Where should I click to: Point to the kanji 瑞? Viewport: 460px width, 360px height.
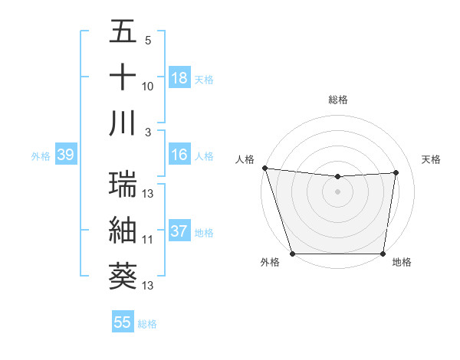pyautogui.click(x=123, y=185)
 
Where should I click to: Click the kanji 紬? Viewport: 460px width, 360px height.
pyautogui.click(x=123, y=230)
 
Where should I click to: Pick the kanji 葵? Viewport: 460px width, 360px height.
pyautogui.click(x=123, y=276)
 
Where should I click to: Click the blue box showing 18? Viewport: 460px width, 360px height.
pyautogui.click(x=179, y=78)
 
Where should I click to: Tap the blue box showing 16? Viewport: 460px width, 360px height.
pyautogui.click(x=179, y=155)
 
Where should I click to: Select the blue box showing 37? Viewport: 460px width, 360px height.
pyautogui.click(x=179, y=232)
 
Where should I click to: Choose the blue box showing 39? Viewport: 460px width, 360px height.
pyautogui.click(x=65, y=155)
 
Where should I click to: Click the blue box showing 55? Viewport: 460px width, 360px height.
pyautogui.click(x=123, y=322)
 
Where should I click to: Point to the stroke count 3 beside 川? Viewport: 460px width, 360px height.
pyautogui.click(x=148, y=132)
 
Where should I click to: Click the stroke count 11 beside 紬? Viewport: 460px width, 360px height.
pyautogui.click(x=148, y=239)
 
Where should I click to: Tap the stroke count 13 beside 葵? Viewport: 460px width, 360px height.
pyautogui.click(x=148, y=286)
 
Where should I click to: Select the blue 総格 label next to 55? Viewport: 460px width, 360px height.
pyautogui.click(x=147, y=324)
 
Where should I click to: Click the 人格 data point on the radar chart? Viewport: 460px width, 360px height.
pyautogui.click(x=264, y=168)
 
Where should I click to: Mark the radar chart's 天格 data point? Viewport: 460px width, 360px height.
pyautogui.click(x=396, y=172)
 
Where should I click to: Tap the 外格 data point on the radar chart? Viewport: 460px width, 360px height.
pyautogui.click(x=292, y=254)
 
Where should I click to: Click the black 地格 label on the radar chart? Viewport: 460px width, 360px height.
pyautogui.click(x=402, y=263)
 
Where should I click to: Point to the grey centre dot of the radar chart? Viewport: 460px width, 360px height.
pyautogui.click(x=337, y=191)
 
